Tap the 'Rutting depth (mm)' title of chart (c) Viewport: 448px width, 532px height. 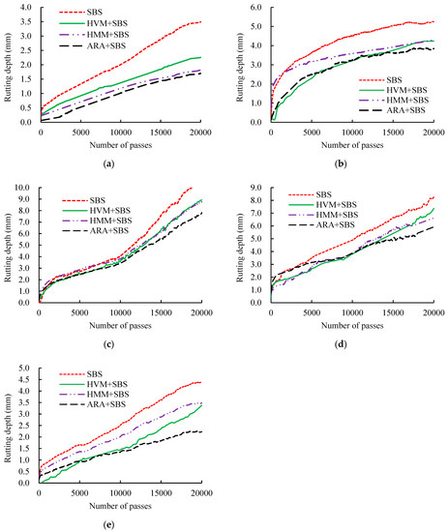(9, 245)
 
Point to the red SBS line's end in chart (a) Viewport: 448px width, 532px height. (200, 22)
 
